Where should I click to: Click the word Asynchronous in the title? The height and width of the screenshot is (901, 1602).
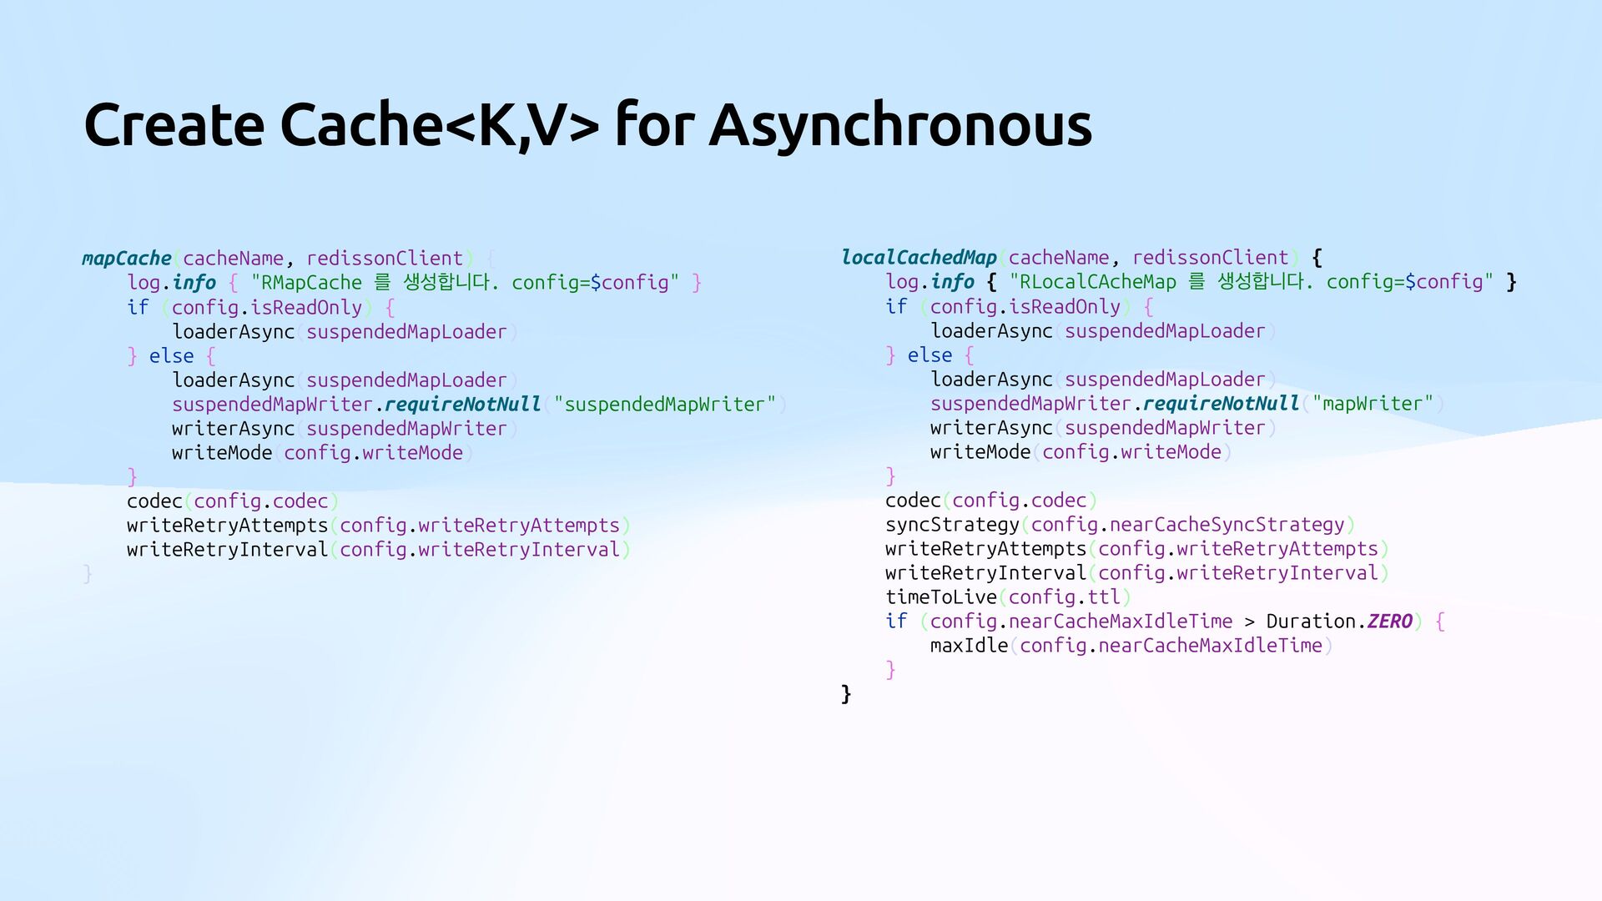click(x=900, y=125)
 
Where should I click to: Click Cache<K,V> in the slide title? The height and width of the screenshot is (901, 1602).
click(x=439, y=125)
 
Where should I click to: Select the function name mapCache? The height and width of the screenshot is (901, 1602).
click(x=127, y=259)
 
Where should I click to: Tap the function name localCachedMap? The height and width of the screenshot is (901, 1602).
click(x=919, y=258)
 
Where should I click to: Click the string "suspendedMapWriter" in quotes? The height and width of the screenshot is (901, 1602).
click(x=664, y=405)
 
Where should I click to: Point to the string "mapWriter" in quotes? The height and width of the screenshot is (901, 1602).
click(x=1373, y=404)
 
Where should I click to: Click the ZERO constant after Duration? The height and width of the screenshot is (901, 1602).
click(x=1389, y=622)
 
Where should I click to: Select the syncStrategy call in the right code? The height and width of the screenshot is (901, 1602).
click(x=952, y=525)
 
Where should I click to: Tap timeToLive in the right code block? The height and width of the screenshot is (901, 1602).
click(x=941, y=597)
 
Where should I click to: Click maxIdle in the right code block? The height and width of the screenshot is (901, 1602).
click(x=969, y=646)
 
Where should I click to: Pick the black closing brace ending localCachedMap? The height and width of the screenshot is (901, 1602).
click(x=846, y=694)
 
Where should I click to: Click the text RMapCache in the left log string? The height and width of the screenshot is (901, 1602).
click(x=311, y=283)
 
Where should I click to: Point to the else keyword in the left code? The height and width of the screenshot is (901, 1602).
click(x=171, y=356)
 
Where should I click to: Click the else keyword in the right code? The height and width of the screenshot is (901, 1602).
click(x=929, y=355)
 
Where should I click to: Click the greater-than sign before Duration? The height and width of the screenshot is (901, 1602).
click(x=1249, y=622)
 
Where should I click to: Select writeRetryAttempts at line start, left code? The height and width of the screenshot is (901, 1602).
click(x=227, y=526)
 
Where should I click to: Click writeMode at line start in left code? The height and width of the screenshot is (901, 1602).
click(x=222, y=453)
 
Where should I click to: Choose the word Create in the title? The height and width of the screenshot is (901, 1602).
click(x=174, y=125)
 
